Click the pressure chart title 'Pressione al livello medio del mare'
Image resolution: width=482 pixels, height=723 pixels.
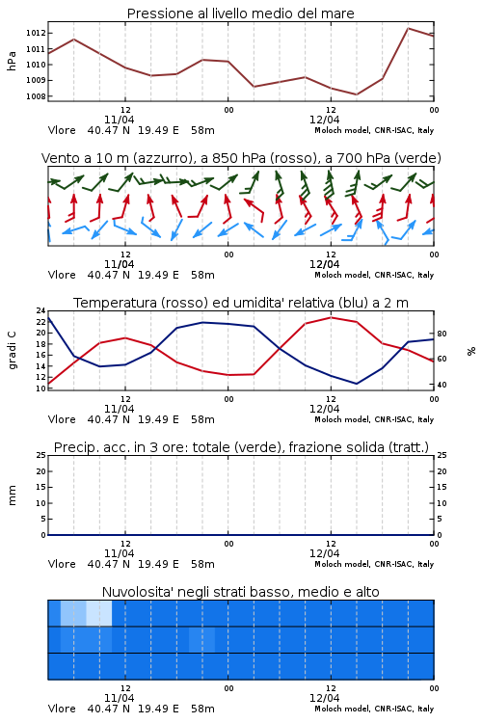click(x=240, y=13)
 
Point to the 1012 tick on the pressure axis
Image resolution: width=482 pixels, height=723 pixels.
click(x=35, y=33)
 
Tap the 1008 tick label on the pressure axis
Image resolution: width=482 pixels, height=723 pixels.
click(x=35, y=96)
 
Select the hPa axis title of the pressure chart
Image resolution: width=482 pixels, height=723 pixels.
click(x=12, y=61)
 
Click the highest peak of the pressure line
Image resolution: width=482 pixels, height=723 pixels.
click(x=408, y=28)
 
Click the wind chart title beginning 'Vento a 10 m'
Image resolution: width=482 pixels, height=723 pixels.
click(x=241, y=158)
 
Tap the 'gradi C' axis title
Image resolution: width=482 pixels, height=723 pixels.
click(x=12, y=351)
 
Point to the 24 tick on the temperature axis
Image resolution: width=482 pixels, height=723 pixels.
click(x=41, y=310)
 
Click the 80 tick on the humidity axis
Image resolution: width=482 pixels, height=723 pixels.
click(x=442, y=334)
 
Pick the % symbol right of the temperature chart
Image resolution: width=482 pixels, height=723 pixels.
click(x=471, y=351)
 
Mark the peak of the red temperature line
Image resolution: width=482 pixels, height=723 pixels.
click(x=331, y=317)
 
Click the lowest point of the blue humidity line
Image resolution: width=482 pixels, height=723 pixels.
click(x=356, y=384)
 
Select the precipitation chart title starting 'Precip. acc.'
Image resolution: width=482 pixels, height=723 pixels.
click(x=241, y=447)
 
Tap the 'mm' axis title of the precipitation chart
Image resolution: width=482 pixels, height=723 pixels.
click(x=12, y=495)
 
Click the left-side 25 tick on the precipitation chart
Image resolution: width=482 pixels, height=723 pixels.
click(x=41, y=455)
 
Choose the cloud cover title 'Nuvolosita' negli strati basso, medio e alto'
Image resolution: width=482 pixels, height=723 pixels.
click(x=240, y=592)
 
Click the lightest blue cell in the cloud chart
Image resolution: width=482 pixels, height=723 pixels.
click(x=99, y=613)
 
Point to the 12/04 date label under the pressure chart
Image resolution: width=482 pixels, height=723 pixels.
click(x=324, y=120)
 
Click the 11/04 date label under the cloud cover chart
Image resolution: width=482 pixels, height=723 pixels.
click(x=119, y=698)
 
